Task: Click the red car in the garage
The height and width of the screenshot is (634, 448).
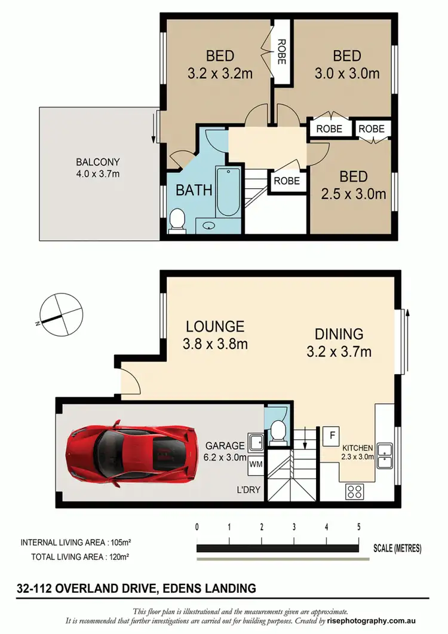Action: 135,452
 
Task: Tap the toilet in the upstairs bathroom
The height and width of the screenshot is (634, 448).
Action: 177,221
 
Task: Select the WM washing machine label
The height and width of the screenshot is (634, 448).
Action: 256,464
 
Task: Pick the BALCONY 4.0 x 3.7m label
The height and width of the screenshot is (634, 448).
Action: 98,167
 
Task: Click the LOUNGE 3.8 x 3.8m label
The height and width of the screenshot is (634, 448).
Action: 215,335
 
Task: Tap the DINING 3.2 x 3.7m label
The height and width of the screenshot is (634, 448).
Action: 339,342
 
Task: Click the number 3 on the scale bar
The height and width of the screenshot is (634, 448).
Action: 294,528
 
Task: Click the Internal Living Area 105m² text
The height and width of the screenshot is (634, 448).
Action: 76,543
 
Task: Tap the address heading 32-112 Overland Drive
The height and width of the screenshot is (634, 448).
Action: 137,589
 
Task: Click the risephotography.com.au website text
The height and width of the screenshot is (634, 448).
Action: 391,621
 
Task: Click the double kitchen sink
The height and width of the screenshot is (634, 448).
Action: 386,455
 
